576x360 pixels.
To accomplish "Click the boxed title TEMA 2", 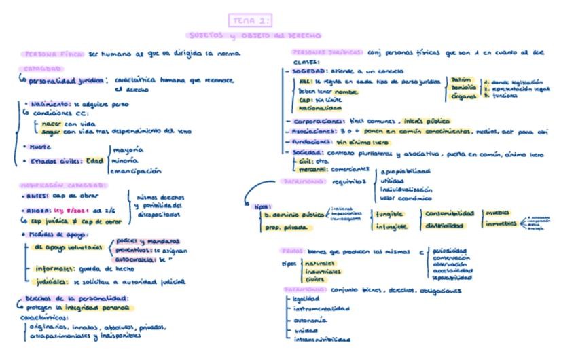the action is point(251,20).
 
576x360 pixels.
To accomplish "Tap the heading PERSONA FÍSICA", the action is point(54,53).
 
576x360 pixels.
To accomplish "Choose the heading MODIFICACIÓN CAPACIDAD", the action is point(63,185).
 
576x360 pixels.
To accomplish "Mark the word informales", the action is point(55,268).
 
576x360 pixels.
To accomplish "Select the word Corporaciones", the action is point(316,122).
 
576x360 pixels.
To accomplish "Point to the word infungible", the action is point(392,226).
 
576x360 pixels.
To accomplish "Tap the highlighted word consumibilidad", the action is point(449,213).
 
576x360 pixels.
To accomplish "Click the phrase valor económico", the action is point(406,198).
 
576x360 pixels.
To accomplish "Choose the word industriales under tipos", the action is point(323,270).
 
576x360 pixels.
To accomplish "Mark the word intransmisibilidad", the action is point(322,339).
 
